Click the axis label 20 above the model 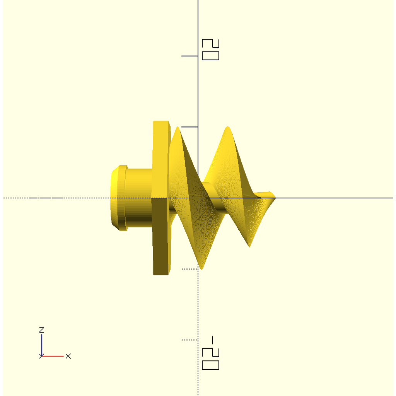pyautogui.click(x=210, y=50)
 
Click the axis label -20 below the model pyautogui.click(x=210, y=353)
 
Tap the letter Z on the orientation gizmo pyautogui.click(x=42, y=330)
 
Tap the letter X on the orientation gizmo pyautogui.click(x=68, y=356)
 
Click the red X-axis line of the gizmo pyautogui.click(x=53, y=356)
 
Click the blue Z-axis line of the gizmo pyautogui.click(x=42, y=345)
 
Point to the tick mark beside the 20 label pyautogui.click(x=189, y=56)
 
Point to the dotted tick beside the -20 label pyautogui.click(x=189, y=340)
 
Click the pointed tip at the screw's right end pyautogui.click(x=275, y=198)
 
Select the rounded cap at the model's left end pyautogui.click(x=119, y=198)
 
